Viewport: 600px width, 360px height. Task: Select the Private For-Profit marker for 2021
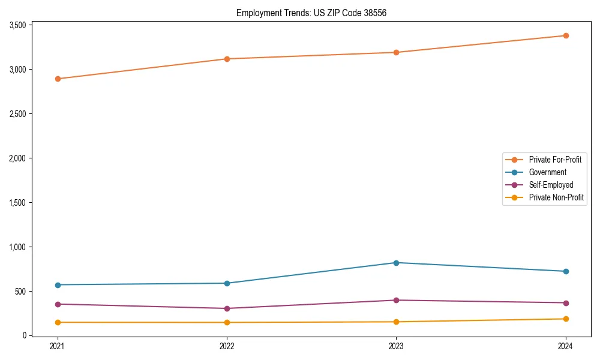pos(58,79)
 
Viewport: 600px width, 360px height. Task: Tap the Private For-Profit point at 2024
pos(565,35)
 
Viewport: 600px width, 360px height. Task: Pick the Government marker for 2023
pos(396,263)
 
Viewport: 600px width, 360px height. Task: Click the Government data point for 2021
pos(58,285)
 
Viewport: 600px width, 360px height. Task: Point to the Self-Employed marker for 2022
pos(227,308)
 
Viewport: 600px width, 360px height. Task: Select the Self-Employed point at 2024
pos(565,303)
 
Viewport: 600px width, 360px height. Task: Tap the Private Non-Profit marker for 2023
pos(396,322)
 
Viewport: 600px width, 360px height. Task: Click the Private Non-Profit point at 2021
pos(58,323)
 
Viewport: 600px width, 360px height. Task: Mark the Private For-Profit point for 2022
pos(227,59)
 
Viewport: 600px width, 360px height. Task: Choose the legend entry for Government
pos(547,172)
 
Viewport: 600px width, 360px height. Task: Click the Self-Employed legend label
pos(551,185)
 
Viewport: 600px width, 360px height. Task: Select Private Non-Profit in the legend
pos(556,197)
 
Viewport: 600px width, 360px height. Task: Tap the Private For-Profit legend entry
pos(555,160)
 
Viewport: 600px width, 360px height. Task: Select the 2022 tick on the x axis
pos(227,346)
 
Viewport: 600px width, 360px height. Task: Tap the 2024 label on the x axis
pos(565,346)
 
